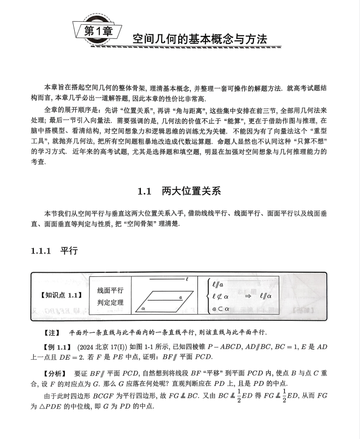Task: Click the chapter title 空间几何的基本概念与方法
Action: pos(199,39)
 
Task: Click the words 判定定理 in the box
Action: pos(110,303)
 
